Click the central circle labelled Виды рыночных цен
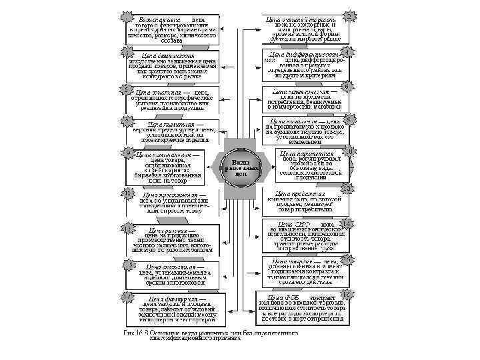[x=241, y=167]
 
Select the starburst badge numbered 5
[x=124, y=89]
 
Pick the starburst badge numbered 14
[x=346, y=223]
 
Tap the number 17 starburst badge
[x=125, y=297]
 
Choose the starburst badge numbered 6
[x=346, y=86]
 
